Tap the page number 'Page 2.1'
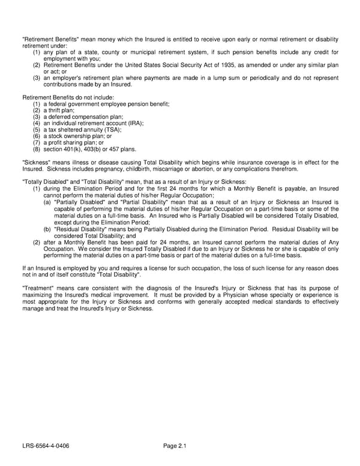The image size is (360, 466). tap(175, 446)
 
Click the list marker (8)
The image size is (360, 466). tap(37, 149)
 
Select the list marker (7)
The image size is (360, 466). tap(37, 143)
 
